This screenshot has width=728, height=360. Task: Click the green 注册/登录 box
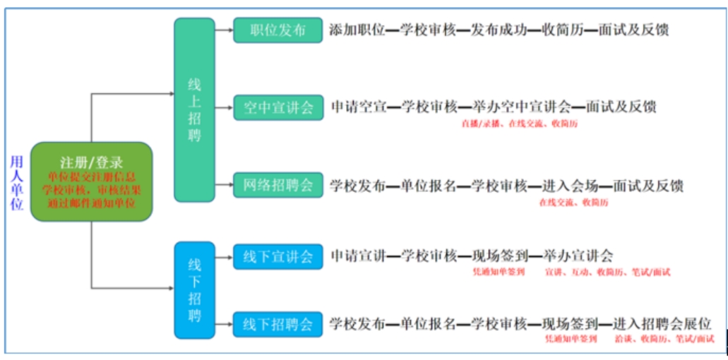[91, 181]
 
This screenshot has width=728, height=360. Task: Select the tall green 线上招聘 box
[194, 109]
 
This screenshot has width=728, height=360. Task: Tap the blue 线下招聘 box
[194, 289]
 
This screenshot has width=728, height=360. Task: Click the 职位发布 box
[278, 30]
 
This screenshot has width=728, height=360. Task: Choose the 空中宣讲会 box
[278, 108]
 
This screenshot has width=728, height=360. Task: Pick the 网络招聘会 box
[278, 186]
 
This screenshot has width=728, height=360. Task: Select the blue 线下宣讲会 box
[278, 257]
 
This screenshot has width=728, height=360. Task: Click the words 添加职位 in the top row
[357, 30]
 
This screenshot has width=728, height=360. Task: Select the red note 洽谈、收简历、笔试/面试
[664, 340]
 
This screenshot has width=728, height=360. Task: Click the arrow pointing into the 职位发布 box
[227, 30]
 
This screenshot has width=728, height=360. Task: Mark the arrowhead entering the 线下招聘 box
[170, 288]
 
